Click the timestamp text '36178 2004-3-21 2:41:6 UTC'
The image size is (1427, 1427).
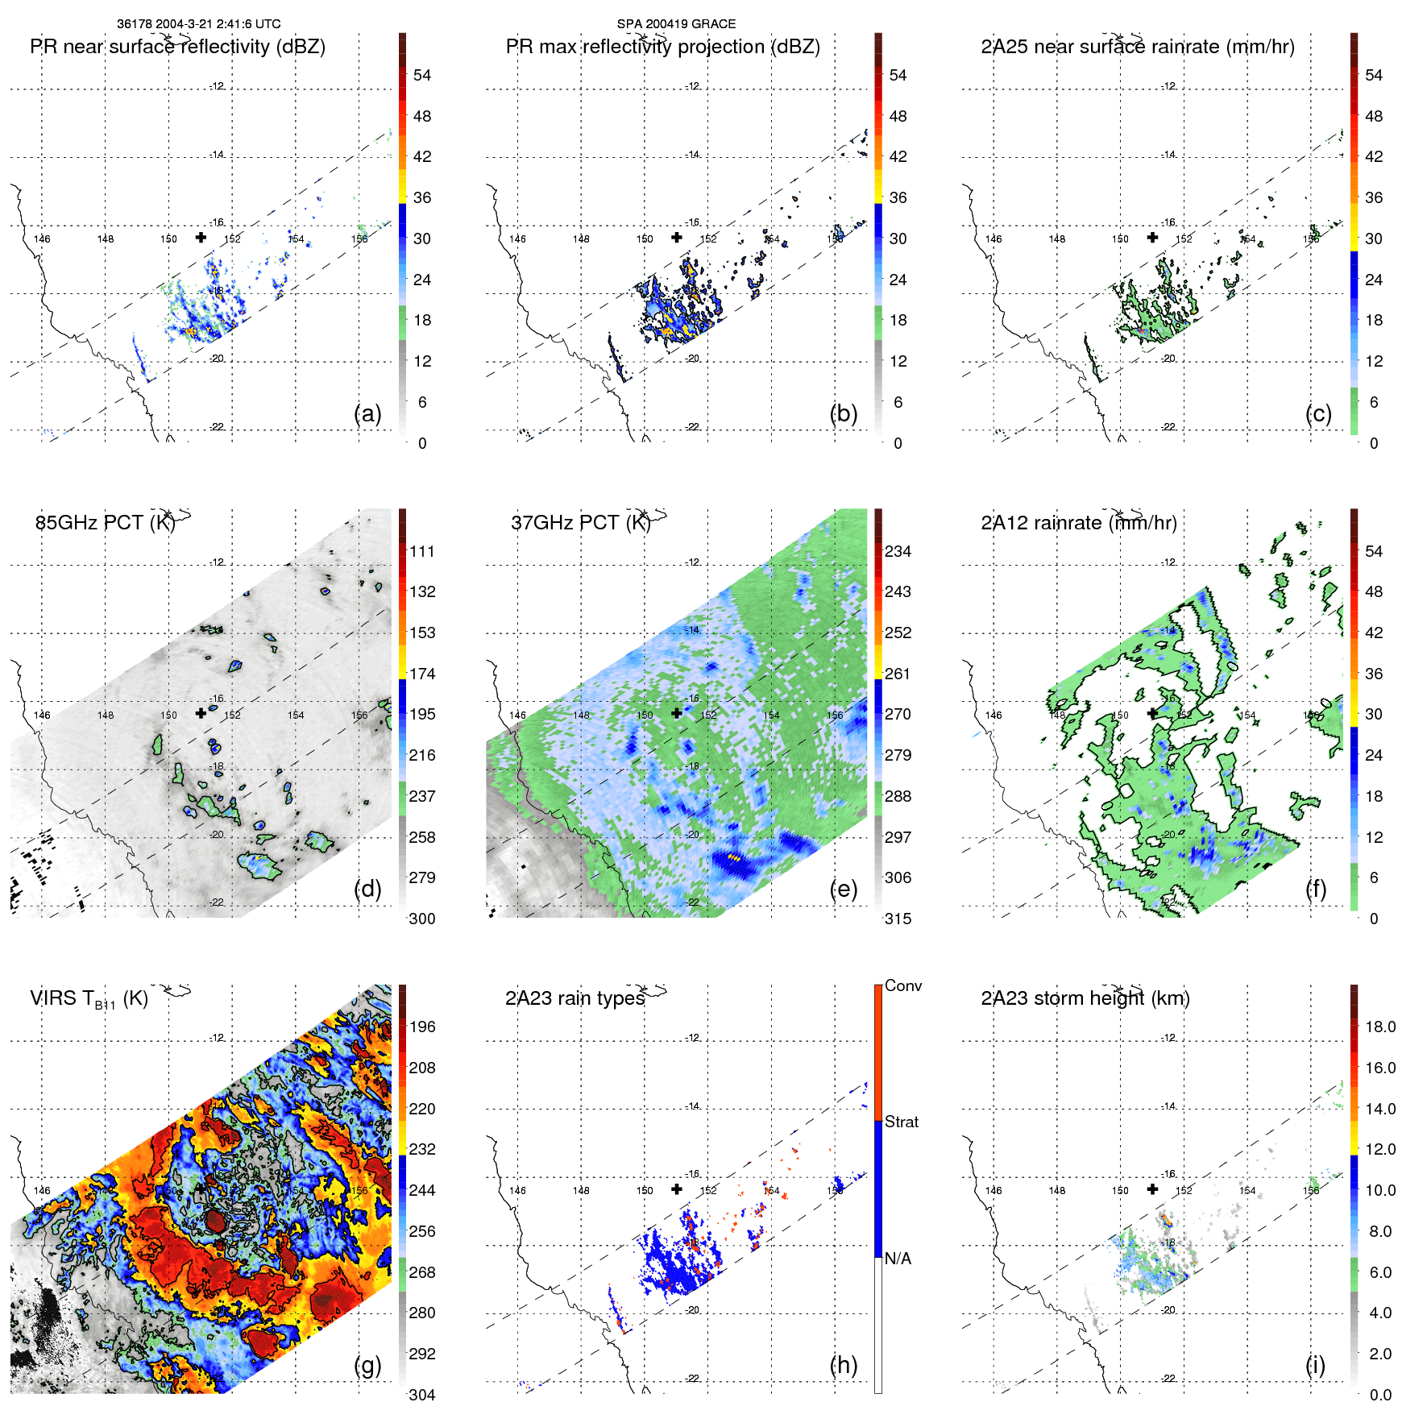[198, 24]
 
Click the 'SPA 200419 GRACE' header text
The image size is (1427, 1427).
[676, 24]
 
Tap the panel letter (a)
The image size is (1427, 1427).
[367, 413]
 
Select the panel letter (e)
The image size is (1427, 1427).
[843, 889]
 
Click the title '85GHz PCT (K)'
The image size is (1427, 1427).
[105, 523]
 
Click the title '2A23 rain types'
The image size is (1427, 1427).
[575, 998]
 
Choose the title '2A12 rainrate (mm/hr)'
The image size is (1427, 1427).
[1078, 523]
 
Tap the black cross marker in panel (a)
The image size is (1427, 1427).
[201, 237]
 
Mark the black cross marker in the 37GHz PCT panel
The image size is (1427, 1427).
[677, 713]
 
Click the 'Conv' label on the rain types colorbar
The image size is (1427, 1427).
[902, 986]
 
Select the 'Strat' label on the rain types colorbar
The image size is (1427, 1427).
[901, 1122]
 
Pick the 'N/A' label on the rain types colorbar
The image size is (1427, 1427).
[898, 1259]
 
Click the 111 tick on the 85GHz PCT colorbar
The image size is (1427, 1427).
[422, 552]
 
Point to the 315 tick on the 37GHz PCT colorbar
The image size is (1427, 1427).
[898, 919]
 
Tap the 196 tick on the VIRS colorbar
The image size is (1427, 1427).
[422, 1027]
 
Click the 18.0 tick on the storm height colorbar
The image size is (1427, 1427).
[1380, 1027]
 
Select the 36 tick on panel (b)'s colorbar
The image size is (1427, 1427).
[898, 198]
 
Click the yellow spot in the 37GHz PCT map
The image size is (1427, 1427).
[733, 858]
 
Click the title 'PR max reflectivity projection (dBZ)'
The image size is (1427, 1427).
[662, 47]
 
